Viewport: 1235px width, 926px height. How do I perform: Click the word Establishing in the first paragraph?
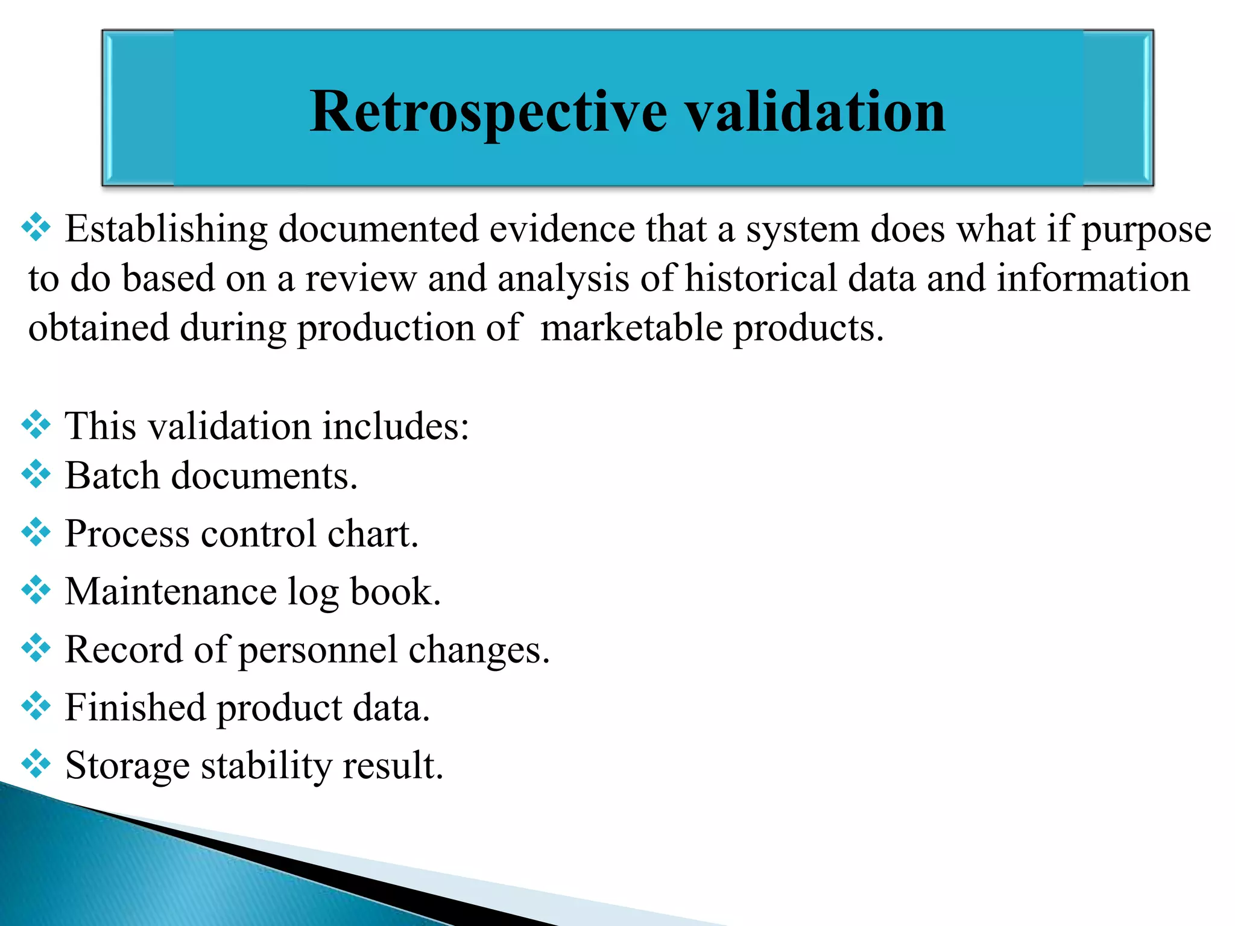(166, 230)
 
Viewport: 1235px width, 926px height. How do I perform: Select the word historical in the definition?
(761, 279)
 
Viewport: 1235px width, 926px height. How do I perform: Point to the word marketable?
(631, 328)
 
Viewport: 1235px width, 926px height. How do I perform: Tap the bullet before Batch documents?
(36, 474)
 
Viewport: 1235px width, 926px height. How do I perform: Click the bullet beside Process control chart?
(36, 532)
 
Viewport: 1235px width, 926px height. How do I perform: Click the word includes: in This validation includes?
(395, 426)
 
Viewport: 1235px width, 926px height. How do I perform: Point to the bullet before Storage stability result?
(36, 764)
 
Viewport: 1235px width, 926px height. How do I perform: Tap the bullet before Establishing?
(36, 228)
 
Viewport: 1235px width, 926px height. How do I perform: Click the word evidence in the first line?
(562, 230)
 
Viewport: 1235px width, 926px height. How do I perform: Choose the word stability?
(266, 766)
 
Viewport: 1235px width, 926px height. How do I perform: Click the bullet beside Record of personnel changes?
(36, 648)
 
